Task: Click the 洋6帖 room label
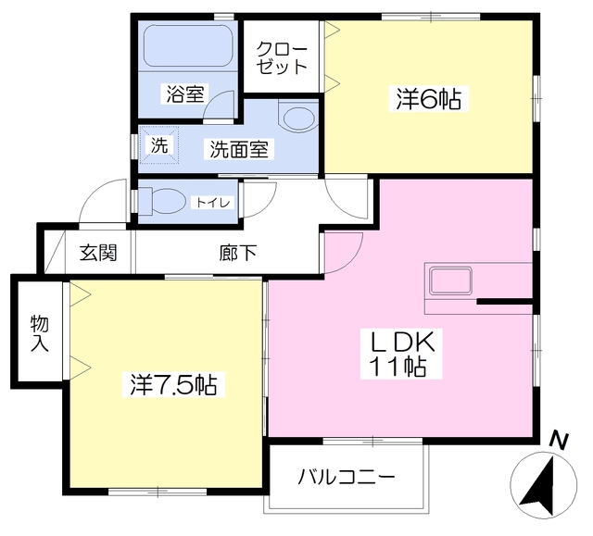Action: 428,98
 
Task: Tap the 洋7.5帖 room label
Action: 173,384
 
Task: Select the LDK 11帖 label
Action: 401,354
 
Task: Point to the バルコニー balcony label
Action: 347,477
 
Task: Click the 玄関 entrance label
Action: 98,253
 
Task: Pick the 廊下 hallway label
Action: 238,253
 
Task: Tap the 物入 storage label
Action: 40,333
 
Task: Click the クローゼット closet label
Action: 282,57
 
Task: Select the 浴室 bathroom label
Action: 185,93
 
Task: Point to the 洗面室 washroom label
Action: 239,149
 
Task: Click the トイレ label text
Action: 213,203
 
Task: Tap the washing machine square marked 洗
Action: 159,145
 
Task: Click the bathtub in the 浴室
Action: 187,46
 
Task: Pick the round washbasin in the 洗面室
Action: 298,118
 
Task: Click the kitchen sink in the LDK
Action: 451,280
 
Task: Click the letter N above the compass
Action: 559,441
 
